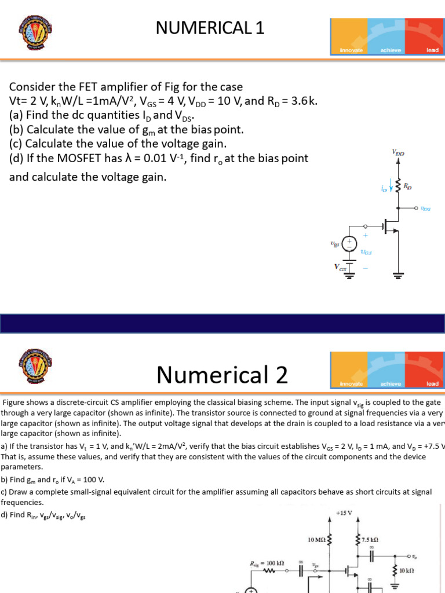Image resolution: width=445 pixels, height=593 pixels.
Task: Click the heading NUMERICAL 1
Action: tap(210, 27)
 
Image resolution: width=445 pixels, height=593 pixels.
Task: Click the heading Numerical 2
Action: tap(222, 375)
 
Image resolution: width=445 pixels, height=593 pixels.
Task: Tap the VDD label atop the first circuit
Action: tap(398, 153)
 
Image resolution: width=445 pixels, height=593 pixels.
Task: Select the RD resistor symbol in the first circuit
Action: tap(398, 186)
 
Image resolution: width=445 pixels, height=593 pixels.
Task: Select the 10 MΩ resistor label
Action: tap(317, 540)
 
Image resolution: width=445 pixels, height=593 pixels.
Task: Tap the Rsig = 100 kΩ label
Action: tap(267, 562)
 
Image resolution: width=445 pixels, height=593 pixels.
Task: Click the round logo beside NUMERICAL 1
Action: tap(31, 34)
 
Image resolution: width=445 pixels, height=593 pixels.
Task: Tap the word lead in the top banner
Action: tap(432, 50)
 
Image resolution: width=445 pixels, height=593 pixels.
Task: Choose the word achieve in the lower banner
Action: tap(391, 383)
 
